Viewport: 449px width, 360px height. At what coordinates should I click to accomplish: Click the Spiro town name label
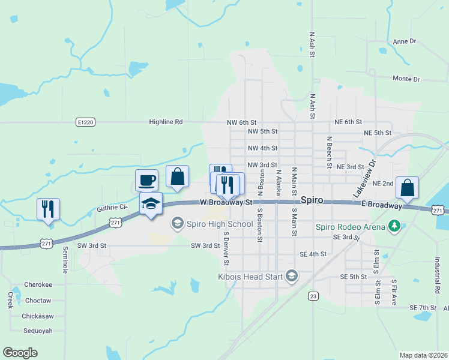[312, 200]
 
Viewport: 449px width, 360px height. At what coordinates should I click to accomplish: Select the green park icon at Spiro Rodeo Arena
[394, 226]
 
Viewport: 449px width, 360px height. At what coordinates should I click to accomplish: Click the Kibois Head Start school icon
[292, 276]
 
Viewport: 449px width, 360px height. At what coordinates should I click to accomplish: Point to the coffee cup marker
[147, 179]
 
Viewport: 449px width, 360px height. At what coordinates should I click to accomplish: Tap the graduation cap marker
[151, 203]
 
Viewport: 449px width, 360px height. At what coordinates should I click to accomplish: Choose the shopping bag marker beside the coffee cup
[177, 177]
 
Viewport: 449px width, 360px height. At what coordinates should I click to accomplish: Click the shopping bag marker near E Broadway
[408, 188]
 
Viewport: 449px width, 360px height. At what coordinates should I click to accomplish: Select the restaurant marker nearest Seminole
[48, 209]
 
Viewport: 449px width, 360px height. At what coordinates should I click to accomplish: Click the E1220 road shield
[85, 122]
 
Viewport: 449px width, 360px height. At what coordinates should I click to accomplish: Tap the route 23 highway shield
[313, 295]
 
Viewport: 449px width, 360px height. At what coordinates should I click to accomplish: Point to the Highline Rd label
[166, 122]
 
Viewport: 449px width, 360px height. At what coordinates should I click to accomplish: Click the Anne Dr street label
[403, 41]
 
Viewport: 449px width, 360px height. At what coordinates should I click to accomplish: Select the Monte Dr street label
[406, 79]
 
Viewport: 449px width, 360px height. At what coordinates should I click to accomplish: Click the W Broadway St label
[225, 203]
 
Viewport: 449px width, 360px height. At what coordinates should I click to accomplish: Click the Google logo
[20, 352]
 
